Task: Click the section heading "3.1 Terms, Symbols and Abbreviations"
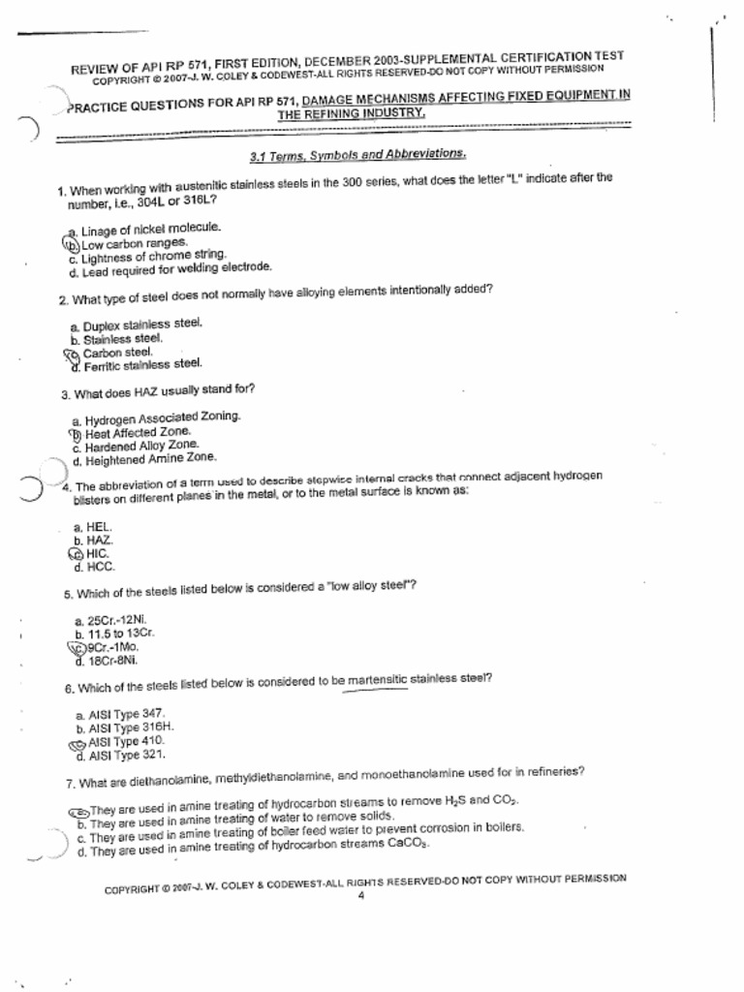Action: coord(358,155)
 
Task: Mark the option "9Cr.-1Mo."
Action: coord(113,646)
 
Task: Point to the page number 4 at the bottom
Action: coord(360,895)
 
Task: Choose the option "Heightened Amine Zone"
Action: coord(150,459)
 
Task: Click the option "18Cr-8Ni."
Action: coord(112,661)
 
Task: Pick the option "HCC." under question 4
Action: coord(101,568)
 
